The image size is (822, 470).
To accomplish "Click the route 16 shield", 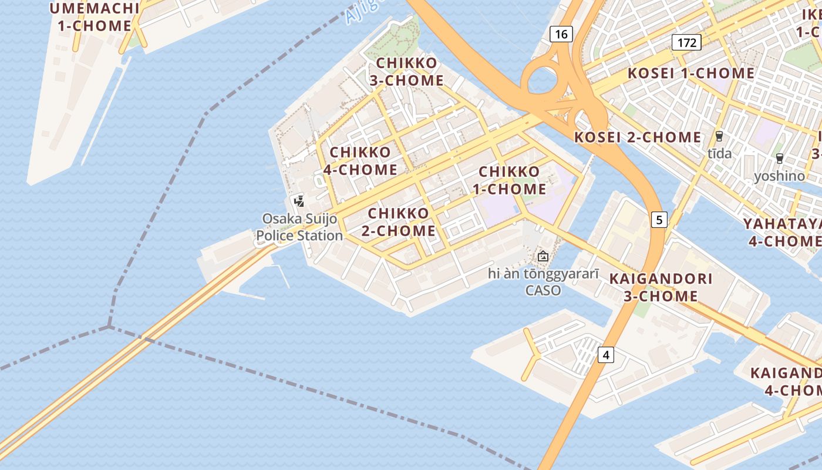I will pyautogui.click(x=561, y=34).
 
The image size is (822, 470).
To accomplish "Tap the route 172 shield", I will pyautogui.click(x=686, y=42).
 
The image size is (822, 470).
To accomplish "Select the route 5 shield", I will pyautogui.click(x=659, y=220).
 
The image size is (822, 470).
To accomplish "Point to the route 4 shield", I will pyautogui.click(x=606, y=355).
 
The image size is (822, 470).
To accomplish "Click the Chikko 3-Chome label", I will pyautogui.click(x=406, y=72).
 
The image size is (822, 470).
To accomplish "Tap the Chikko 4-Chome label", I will pyautogui.click(x=361, y=161).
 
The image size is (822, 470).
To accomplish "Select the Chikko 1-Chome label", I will pyautogui.click(x=510, y=180).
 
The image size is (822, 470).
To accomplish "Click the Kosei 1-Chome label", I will pyautogui.click(x=691, y=73).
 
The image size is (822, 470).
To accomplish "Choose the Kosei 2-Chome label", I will pyautogui.click(x=638, y=137).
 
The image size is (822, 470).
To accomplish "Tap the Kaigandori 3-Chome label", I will pyautogui.click(x=661, y=287).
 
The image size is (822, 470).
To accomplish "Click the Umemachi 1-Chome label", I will pyautogui.click(x=94, y=17).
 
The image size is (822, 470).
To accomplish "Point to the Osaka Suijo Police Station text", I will pyautogui.click(x=299, y=227).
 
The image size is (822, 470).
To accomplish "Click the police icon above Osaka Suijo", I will pyautogui.click(x=299, y=202).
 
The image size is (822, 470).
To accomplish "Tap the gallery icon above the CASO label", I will pyautogui.click(x=543, y=256).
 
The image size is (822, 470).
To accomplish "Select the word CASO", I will pyautogui.click(x=543, y=290).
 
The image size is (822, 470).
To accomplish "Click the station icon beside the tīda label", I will pyautogui.click(x=719, y=137).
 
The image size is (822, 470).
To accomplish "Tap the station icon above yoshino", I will pyautogui.click(x=779, y=159).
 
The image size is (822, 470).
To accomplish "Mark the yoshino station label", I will pyautogui.click(x=779, y=176).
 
